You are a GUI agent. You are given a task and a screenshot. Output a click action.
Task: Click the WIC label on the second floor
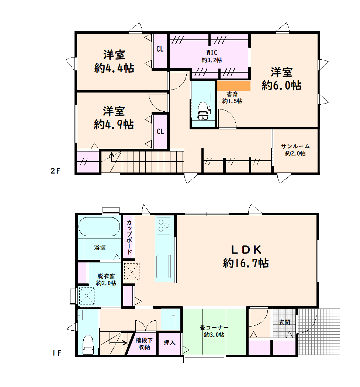click(212, 53)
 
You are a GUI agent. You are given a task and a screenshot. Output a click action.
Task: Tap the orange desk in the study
click(234, 86)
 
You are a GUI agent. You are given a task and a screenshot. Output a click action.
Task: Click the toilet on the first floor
click(88, 344)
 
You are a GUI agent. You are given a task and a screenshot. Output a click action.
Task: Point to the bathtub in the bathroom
click(99, 227)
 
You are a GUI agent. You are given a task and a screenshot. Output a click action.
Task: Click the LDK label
click(246, 250)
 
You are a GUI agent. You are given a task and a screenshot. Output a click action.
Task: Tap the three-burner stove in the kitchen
click(163, 225)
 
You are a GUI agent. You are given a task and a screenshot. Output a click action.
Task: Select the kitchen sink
click(163, 266)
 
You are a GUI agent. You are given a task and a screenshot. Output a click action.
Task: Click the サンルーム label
click(295, 146)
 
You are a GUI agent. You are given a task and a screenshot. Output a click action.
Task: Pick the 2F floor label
click(55, 171)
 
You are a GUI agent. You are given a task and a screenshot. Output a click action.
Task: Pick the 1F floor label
click(56, 353)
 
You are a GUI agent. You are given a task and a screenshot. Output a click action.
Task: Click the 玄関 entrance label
click(284, 322)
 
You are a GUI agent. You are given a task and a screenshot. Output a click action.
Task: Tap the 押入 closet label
click(170, 342)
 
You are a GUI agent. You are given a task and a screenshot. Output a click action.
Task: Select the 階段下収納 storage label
click(144, 344)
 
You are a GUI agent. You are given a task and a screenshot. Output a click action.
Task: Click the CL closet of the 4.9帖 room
click(160, 132)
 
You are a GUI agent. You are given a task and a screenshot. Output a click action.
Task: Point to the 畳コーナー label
click(214, 328)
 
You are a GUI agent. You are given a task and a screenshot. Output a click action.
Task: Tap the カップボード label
click(129, 237)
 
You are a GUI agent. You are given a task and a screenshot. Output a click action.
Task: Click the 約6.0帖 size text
click(281, 86)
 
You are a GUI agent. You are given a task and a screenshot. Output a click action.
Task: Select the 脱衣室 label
click(106, 276)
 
